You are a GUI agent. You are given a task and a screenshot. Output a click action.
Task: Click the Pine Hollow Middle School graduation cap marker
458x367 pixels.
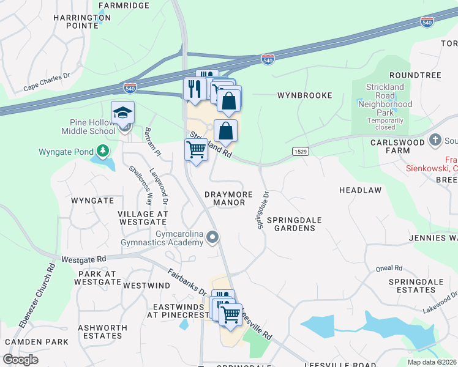(x=122, y=113)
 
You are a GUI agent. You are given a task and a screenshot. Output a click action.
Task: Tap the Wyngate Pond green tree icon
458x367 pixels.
(x=103, y=151)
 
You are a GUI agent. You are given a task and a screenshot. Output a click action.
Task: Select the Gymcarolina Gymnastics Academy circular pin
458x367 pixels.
(x=212, y=237)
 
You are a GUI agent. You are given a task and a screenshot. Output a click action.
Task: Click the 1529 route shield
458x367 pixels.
(x=300, y=151)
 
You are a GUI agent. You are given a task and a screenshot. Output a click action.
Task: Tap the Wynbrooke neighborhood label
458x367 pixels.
(x=304, y=95)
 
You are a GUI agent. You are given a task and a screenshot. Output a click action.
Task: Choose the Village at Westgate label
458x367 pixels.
(x=143, y=218)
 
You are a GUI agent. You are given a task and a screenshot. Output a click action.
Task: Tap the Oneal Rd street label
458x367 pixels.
(x=389, y=268)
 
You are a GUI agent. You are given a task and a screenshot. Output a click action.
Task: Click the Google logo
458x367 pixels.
(x=20, y=360)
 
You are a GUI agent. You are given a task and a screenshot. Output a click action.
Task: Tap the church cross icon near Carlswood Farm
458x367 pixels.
(x=435, y=139)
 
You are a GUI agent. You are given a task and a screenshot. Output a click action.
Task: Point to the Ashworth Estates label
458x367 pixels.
(x=102, y=332)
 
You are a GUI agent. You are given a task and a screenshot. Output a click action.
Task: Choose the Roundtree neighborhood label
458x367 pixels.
(x=419, y=75)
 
